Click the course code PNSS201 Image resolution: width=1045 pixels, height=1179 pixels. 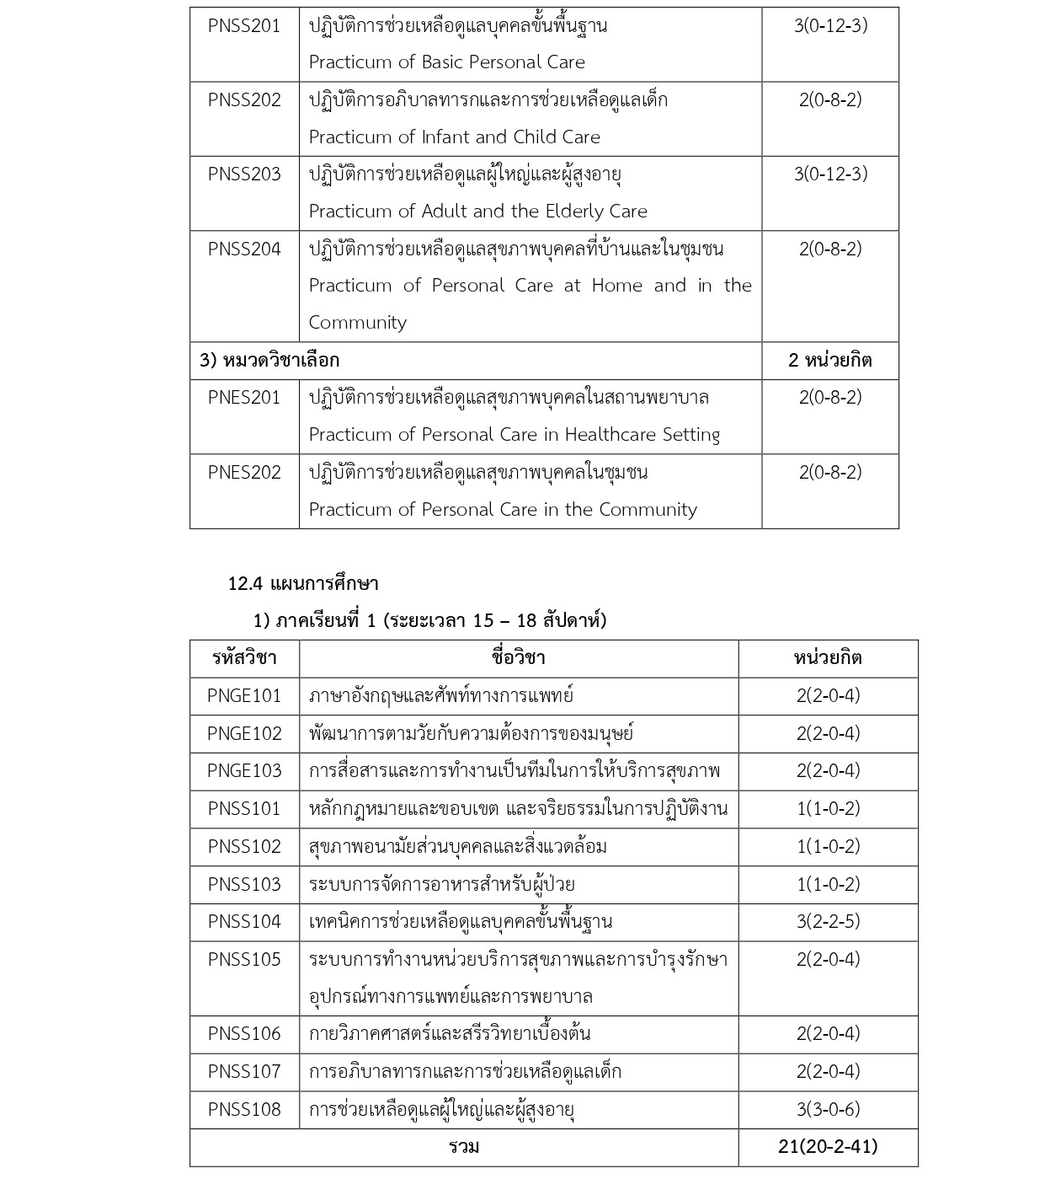(244, 26)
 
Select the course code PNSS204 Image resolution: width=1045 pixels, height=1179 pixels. (244, 249)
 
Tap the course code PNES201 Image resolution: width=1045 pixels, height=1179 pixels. (244, 398)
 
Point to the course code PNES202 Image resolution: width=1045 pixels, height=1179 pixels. (244, 473)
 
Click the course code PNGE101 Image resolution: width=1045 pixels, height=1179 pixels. (244, 696)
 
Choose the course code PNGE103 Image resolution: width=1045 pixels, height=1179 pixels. (244, 771)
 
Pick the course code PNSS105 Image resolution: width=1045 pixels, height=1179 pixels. (244, 960)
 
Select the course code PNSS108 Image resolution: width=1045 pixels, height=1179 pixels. (244, 1110)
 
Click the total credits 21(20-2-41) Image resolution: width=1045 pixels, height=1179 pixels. (828, 1147)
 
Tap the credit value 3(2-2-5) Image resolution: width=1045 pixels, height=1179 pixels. (828, 922)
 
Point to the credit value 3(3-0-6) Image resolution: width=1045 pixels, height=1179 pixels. (828, 1110)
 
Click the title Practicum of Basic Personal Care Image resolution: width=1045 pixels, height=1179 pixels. (446, 62)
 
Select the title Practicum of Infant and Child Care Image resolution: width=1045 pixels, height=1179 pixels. (454, 137)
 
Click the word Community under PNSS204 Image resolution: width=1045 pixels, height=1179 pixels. (357, 323)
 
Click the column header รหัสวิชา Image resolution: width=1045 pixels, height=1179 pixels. (244, 658)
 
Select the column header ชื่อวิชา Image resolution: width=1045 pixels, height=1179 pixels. (518, 658)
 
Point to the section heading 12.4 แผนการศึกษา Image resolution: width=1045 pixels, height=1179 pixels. (303, 583)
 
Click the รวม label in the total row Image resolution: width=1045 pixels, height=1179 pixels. (464, 1147)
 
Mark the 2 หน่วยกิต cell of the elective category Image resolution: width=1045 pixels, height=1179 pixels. (829, 361)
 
